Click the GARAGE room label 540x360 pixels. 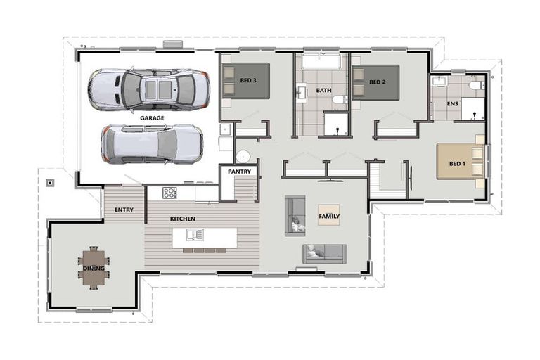pos(152,118)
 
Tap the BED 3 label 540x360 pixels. pos(248,80)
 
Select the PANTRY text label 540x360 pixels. pos(239,172)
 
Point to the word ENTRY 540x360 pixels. pos(124,210)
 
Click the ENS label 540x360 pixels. pos(453,103)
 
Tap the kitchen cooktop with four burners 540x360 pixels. pos(169,193)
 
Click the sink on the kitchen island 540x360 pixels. pos(195,235)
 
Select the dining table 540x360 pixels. pos(94,268)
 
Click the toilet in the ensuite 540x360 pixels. pos(477,85)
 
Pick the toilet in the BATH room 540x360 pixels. pos(340,100)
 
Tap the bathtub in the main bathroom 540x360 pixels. pos(321,61)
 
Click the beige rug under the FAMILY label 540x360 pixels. pos(329,215)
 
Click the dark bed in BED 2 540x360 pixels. pos(375,83)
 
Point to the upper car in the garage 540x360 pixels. pos(148,89)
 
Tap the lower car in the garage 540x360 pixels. pos(152,144)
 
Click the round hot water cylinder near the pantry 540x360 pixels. pos(243,156)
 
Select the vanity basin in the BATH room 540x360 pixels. pos(302,93)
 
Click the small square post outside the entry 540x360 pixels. pos(51,183)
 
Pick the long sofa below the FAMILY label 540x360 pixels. pos(324,254)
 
